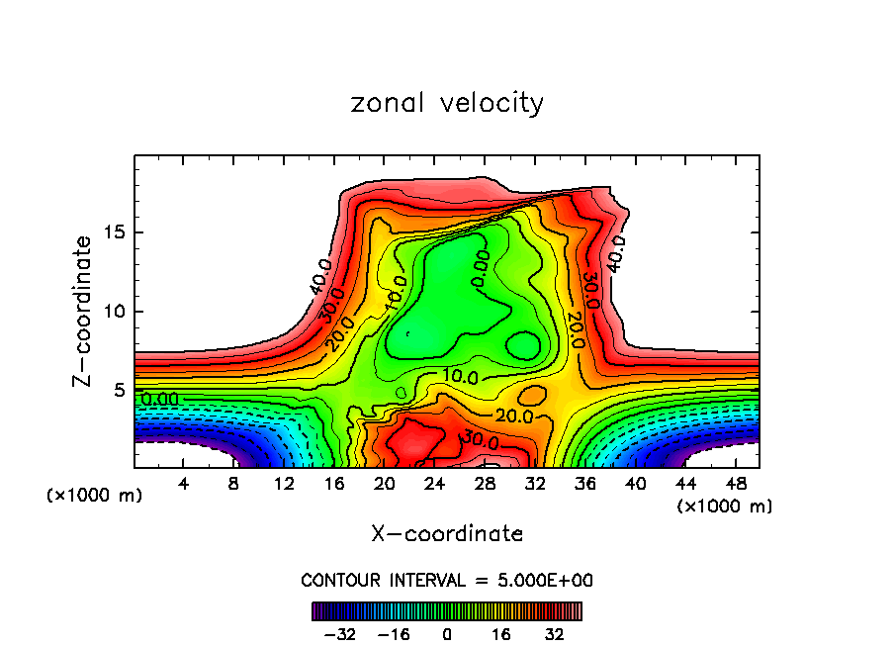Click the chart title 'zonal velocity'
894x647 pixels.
pos(447,103)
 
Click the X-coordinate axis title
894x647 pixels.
pos(447,534)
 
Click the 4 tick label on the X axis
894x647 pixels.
pos(184,484)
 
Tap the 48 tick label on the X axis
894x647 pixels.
pos(734,484)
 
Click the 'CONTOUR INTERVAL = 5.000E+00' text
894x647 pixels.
pos(447,580)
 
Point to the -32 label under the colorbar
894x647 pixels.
pos(339,634)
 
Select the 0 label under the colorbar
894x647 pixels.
pos(447,634)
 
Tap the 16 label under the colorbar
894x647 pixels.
pos(501,634)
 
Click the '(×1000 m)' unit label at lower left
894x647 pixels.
pos(95,496)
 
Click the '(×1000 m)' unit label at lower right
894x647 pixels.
pos(724,507)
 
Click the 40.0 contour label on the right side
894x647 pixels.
pos(616,254)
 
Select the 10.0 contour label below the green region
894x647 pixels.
pos(460,377)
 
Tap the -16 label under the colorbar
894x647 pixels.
pos(394,634)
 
